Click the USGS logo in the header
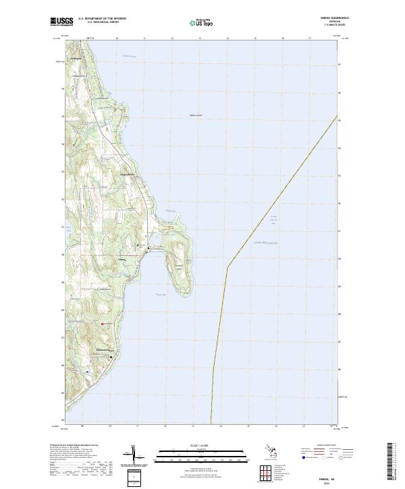click(59, 22)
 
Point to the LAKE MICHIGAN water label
click(265, 242)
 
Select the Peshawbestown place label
click(105, 349)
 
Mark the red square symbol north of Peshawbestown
click(102, 324)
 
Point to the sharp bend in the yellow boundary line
click(227, 266)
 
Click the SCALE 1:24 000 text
click(192, 445)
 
